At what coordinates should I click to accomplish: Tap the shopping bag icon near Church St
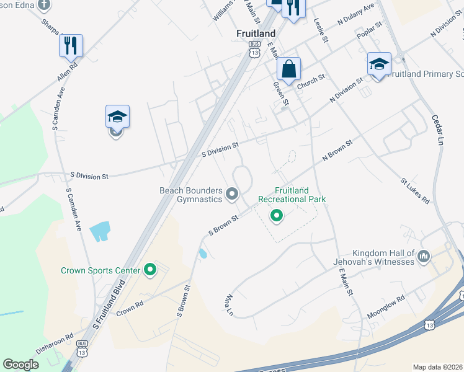[x=288, y=68]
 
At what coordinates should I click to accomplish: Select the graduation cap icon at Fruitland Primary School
[x=379, y=64]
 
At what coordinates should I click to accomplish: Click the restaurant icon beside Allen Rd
[x=71, y=45]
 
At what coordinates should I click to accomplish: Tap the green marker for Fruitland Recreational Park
[x=277, y=216]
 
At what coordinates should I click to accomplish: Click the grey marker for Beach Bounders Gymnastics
[x=233, y=194]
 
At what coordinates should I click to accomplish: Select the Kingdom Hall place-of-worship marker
[x=424, y=256]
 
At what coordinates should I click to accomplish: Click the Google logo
[x=21, y=365]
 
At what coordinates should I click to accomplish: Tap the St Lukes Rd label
[x=414, y=192]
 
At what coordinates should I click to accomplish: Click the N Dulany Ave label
[x=356, y=15]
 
